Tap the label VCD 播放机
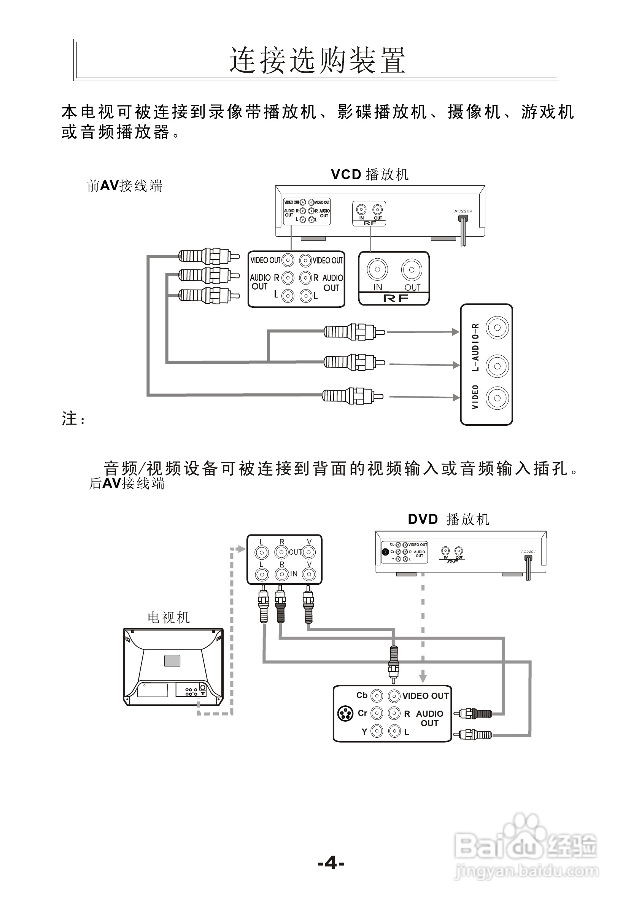pos(370,174)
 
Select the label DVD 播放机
pos(448,519)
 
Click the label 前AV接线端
pos(124,186)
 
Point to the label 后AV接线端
pos(127,483)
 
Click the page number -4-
pos(331,863)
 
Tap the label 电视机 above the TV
pos(168,617)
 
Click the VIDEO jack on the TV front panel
pos(497,398)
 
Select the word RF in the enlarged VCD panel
pos(395,299)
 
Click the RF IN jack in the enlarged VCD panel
pos(377,270)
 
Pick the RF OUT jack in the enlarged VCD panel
pos(412,270)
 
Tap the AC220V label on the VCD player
pos(463,211)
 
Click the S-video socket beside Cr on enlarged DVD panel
pos(345,713)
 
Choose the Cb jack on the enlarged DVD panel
pos(377,695)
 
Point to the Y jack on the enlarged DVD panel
pos(377,731)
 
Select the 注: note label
pos(73,418)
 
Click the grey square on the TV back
pos(172,660)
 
